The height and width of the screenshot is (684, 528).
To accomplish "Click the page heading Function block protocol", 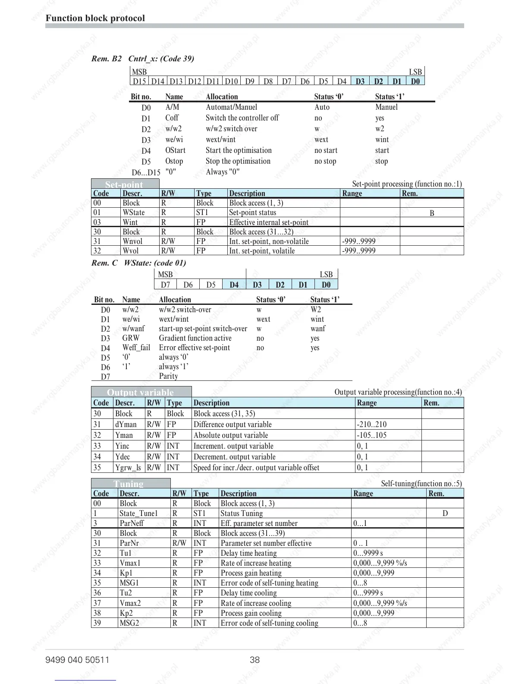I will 95,18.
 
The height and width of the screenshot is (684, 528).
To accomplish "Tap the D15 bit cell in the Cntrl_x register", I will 139,81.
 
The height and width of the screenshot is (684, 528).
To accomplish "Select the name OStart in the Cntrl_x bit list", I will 175,150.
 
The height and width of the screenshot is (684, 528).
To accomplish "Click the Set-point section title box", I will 123,184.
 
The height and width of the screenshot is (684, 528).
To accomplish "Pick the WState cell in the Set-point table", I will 133,212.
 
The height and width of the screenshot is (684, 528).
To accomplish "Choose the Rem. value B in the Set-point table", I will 432,213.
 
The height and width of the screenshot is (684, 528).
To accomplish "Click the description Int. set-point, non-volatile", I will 269,241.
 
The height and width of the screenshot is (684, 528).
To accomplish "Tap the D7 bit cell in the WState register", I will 165,285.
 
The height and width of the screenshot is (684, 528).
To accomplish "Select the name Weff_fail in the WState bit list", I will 136,348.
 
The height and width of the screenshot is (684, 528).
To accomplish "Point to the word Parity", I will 168,376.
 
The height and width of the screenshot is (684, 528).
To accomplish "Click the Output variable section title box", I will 141,392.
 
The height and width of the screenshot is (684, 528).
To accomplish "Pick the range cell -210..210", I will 371,424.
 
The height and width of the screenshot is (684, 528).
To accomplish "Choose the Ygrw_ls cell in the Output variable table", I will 128,468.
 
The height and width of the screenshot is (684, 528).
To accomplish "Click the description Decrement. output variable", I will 234,457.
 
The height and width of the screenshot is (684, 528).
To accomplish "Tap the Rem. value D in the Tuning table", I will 445,513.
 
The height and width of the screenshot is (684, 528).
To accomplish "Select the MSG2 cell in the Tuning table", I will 129,623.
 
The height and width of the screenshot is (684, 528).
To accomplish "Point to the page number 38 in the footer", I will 255,660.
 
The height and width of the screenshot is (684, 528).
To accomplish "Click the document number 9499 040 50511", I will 77,660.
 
